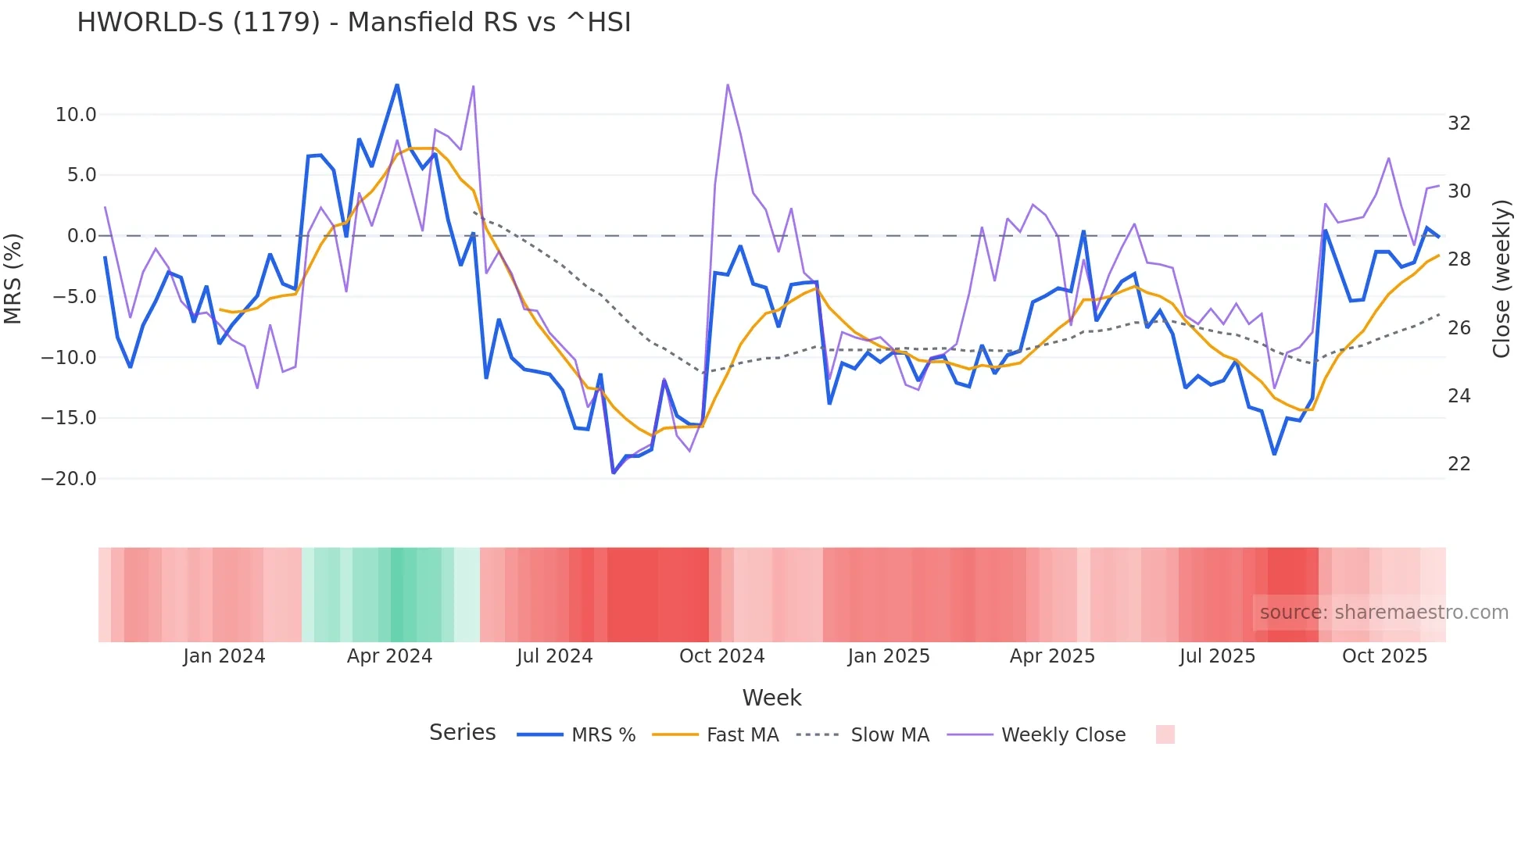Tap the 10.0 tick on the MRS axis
tap(76, 115)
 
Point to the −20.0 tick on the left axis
tap(69, 479)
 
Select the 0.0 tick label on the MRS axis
tap(81, 236)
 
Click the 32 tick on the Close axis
tap(1459, 123)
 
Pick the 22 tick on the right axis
tap(1459, 464)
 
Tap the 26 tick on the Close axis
tap(1459, 328)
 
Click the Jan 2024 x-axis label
tap(224, 656)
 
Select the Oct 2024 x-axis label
tap(721, 656)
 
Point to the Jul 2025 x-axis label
tap(1217, 656)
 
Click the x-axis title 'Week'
tap(771, 698)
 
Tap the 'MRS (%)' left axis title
tap(13, 278)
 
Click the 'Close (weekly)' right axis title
tap(1502, 279)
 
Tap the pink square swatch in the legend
tap(1165, 734)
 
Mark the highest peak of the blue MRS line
tap(397, 85)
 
